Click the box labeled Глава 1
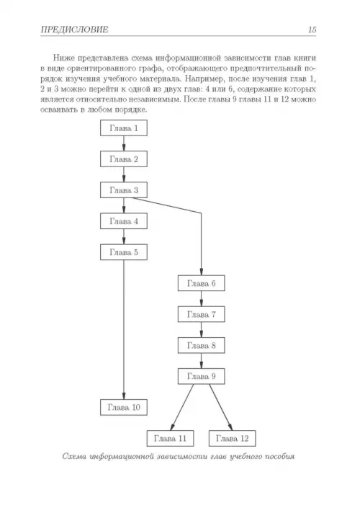[x=124, y=128]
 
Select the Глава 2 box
[x=124, y=159]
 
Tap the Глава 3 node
[x=124, y=190]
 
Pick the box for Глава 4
[x=124, y=221]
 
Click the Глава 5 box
[x=124, y=252]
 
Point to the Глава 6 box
[x=202, y=283]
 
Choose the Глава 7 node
[x=202, y=314]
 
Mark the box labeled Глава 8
[x=202, y=346]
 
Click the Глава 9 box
[x=202, y=376]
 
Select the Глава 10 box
[x=124, y=407]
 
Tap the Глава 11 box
[x=170, y=438]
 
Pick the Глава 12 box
[x=232, y=438]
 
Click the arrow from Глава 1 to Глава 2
[x=124, y=143]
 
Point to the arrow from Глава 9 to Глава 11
[x=181, y=407]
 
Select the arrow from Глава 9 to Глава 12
[x=221, y=407]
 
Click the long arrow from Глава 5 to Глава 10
[x=124, y=330]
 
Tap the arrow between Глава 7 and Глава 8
[x=202, y=330]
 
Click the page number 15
[x=312, y=30]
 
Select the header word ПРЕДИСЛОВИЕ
[x=75, y=30]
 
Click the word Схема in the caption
[x=74, y=456]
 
